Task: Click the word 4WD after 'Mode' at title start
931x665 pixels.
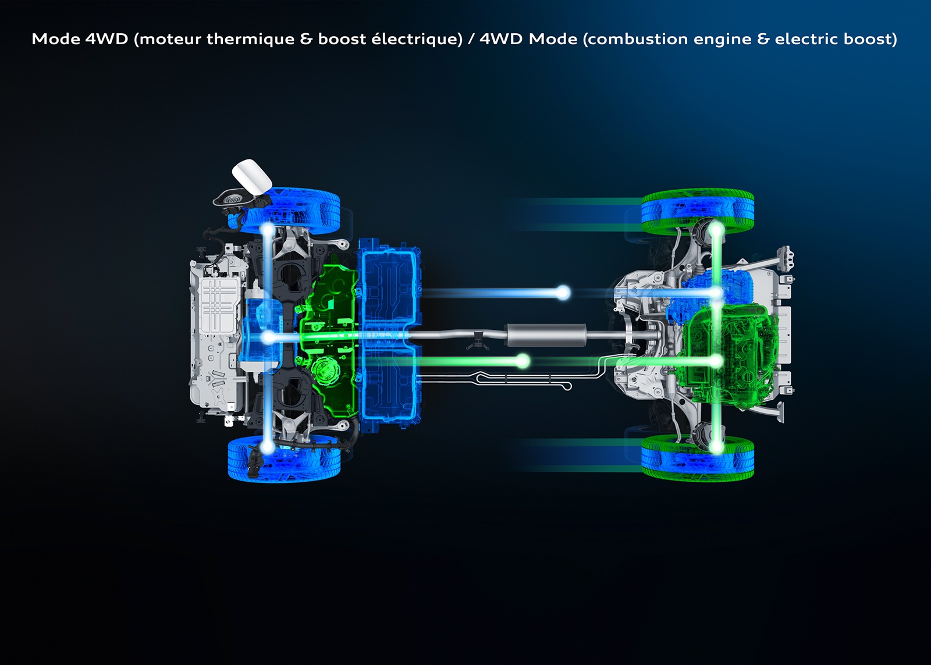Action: pos(106,39)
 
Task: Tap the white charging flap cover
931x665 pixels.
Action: pos(252,176)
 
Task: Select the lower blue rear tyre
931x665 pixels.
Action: pos(285,458)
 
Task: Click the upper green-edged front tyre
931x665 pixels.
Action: pos(698,212)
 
